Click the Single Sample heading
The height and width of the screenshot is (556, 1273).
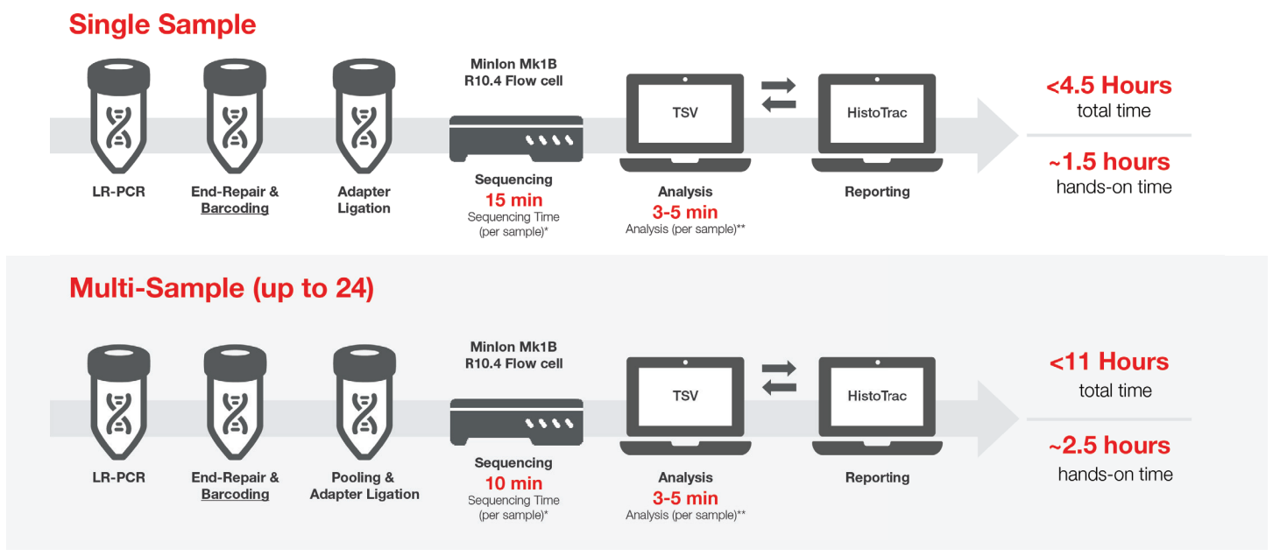(162, 24)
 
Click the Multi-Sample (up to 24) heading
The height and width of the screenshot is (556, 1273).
(222, 288)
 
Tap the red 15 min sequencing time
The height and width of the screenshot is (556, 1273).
(513, 199)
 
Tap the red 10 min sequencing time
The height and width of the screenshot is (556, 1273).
(513, 483)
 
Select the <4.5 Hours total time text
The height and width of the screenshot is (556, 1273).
(1108, 86)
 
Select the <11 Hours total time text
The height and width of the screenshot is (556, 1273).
(1109, 362)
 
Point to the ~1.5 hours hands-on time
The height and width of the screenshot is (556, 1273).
(1109, 162)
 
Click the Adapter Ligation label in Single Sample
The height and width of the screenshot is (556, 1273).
(364, 200)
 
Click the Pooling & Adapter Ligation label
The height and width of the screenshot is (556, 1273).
(364, 486)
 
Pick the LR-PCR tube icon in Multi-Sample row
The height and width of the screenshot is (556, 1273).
(118, 402)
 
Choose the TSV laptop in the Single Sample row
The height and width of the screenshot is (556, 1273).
(685, 123)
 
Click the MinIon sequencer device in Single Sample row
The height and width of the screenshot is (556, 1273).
(515, 138)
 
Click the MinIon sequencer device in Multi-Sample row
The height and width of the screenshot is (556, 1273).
(515, 421)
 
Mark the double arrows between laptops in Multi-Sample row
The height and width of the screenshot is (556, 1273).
(778, 378)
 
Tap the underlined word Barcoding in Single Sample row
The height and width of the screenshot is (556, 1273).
(235, 208)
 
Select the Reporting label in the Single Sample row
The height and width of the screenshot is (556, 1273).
(877, 192)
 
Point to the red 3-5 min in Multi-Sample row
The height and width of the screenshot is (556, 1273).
(685, 498)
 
